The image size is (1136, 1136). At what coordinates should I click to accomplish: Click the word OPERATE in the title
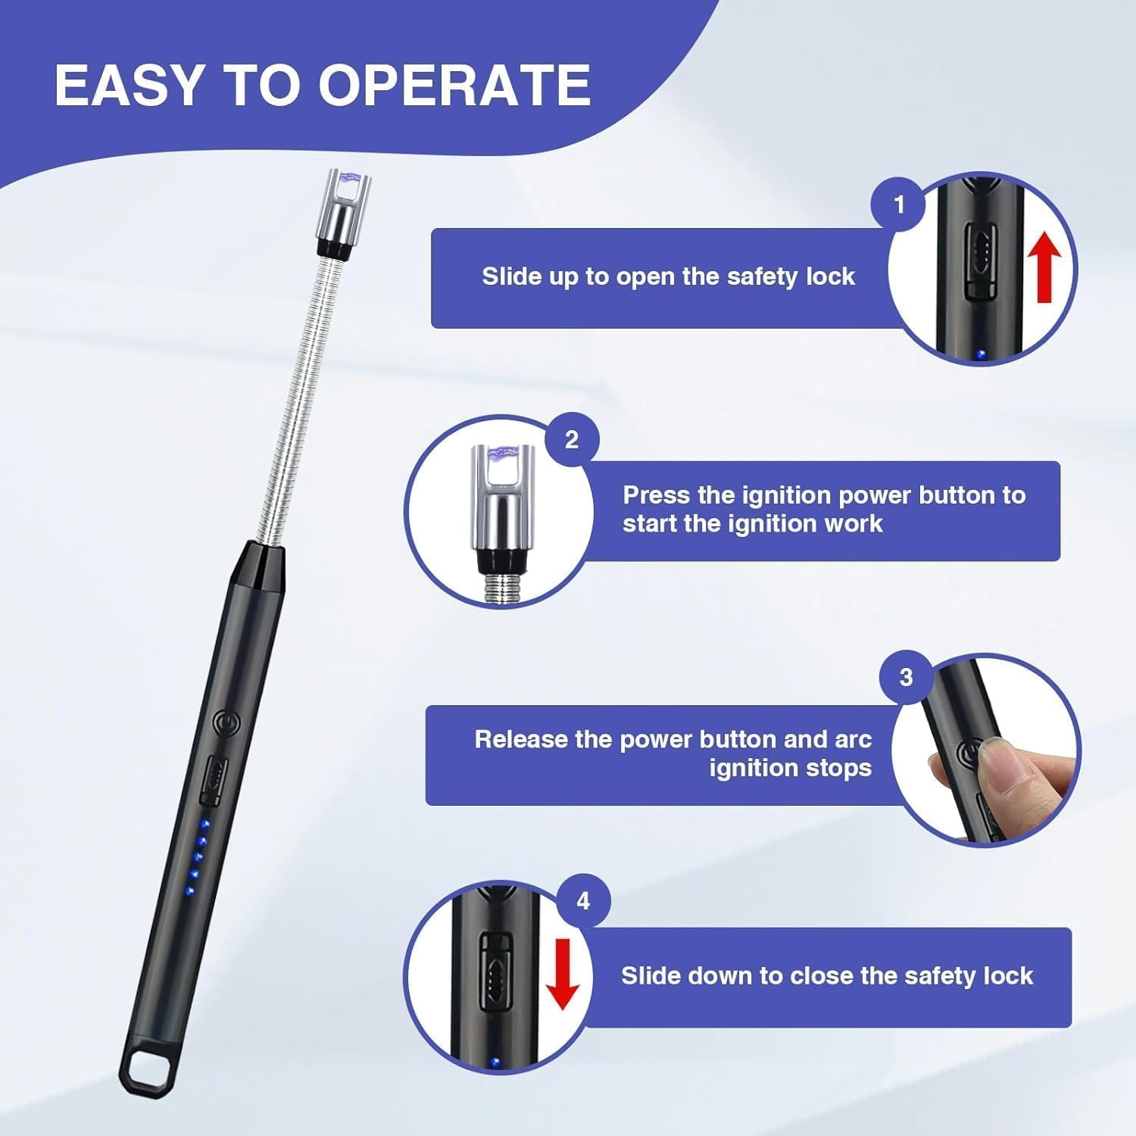coord(454,85)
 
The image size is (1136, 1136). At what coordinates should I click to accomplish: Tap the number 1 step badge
coord(899,204)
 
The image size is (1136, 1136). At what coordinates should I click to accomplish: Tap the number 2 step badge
coord(572,439)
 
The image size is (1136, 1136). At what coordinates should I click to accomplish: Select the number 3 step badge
coord(906,677)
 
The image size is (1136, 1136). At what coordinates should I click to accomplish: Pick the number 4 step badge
coord(583,901)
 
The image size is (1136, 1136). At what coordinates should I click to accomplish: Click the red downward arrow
coord(562,974)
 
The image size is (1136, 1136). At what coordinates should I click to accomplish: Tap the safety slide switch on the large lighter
coord(213,780)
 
